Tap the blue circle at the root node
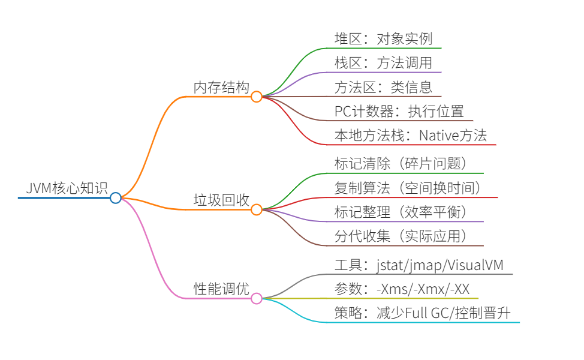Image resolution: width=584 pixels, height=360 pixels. pyautogui.click(x=116, y=197)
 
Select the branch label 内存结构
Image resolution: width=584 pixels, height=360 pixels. pyautogui.click(x=221, y=87)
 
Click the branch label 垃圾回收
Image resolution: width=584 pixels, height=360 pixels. pyautogui.click(x=221, y=200)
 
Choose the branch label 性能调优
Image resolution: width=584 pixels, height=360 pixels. pyautogui.click(x=221, y=288)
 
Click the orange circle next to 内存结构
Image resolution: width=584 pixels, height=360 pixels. pyautogui.click(x=256, y=97)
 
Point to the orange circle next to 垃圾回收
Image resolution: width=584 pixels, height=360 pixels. pyautogui.click(x=256, y=209)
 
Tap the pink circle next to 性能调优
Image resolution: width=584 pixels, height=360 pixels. pyautogui.click(x=256, y=298)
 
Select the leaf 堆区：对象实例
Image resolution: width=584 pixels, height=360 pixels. pyautogui.click(x=383, y=39)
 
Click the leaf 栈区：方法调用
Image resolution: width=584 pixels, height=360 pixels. pyautogui.click(x=383, y=63)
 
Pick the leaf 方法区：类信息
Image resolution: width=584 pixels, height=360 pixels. pyautogui.click(x=383, y=87)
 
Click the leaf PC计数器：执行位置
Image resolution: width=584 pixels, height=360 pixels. pyautogui.click(x=399, y=111)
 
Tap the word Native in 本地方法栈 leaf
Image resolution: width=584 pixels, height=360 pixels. pyautogui.click(x=438, y=135)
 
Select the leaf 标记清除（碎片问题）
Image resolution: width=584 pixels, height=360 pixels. pyautogui.click(x=401, y=163)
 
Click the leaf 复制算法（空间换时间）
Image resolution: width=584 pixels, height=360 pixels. pyautogui.click(x=408, y=188)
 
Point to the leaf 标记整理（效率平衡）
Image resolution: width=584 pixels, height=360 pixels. pyautogui.click(x=401, y=212)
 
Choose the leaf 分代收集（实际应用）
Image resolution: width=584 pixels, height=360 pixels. pyautogui.click(x=401, y=236)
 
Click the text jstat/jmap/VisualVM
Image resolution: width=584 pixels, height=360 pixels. pyautogui.click(x=444, y=265)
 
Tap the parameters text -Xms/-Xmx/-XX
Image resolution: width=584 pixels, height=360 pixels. pyautogui.click(x=423, y=289)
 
